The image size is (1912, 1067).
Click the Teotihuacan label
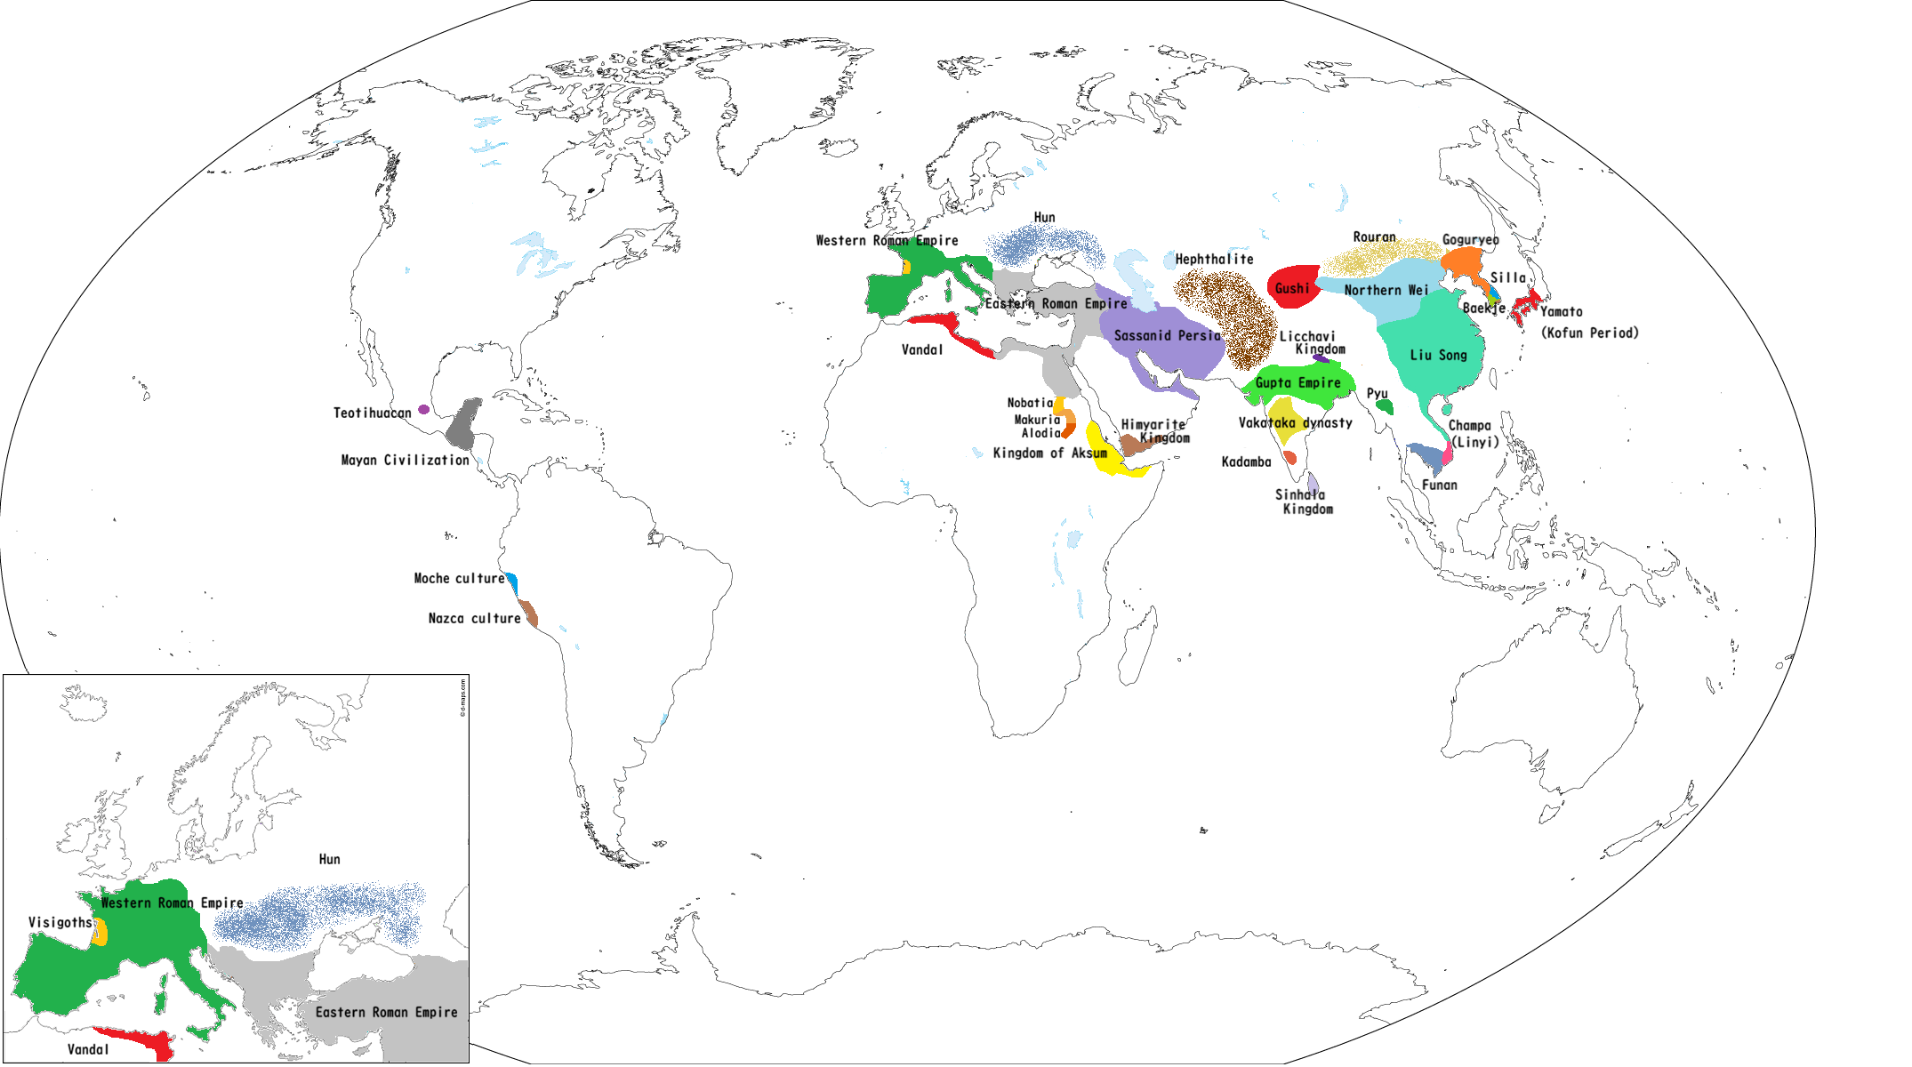point(372,413)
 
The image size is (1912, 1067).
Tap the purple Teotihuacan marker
point(424,410)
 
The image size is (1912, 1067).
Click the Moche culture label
point(459,579)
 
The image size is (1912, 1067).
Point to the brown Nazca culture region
point(529,614)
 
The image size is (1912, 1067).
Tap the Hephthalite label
point(1214,260)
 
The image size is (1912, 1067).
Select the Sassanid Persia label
point(1167,336)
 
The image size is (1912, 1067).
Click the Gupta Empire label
point(1297,383)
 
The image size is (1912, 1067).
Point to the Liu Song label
point(1438,356)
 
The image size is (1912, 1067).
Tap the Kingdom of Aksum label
point(1049,453)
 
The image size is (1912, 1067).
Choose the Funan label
point(1439,485)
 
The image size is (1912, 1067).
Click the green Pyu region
point(1384,406)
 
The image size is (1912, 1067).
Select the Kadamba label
point(1246,462)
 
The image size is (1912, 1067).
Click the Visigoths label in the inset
point(60,923)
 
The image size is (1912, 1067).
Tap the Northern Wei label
point(1386,291)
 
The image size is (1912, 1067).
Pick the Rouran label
point(1374,237)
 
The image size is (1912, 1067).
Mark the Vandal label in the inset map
point(88,1050)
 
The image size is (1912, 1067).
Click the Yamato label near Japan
point(1561,312)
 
